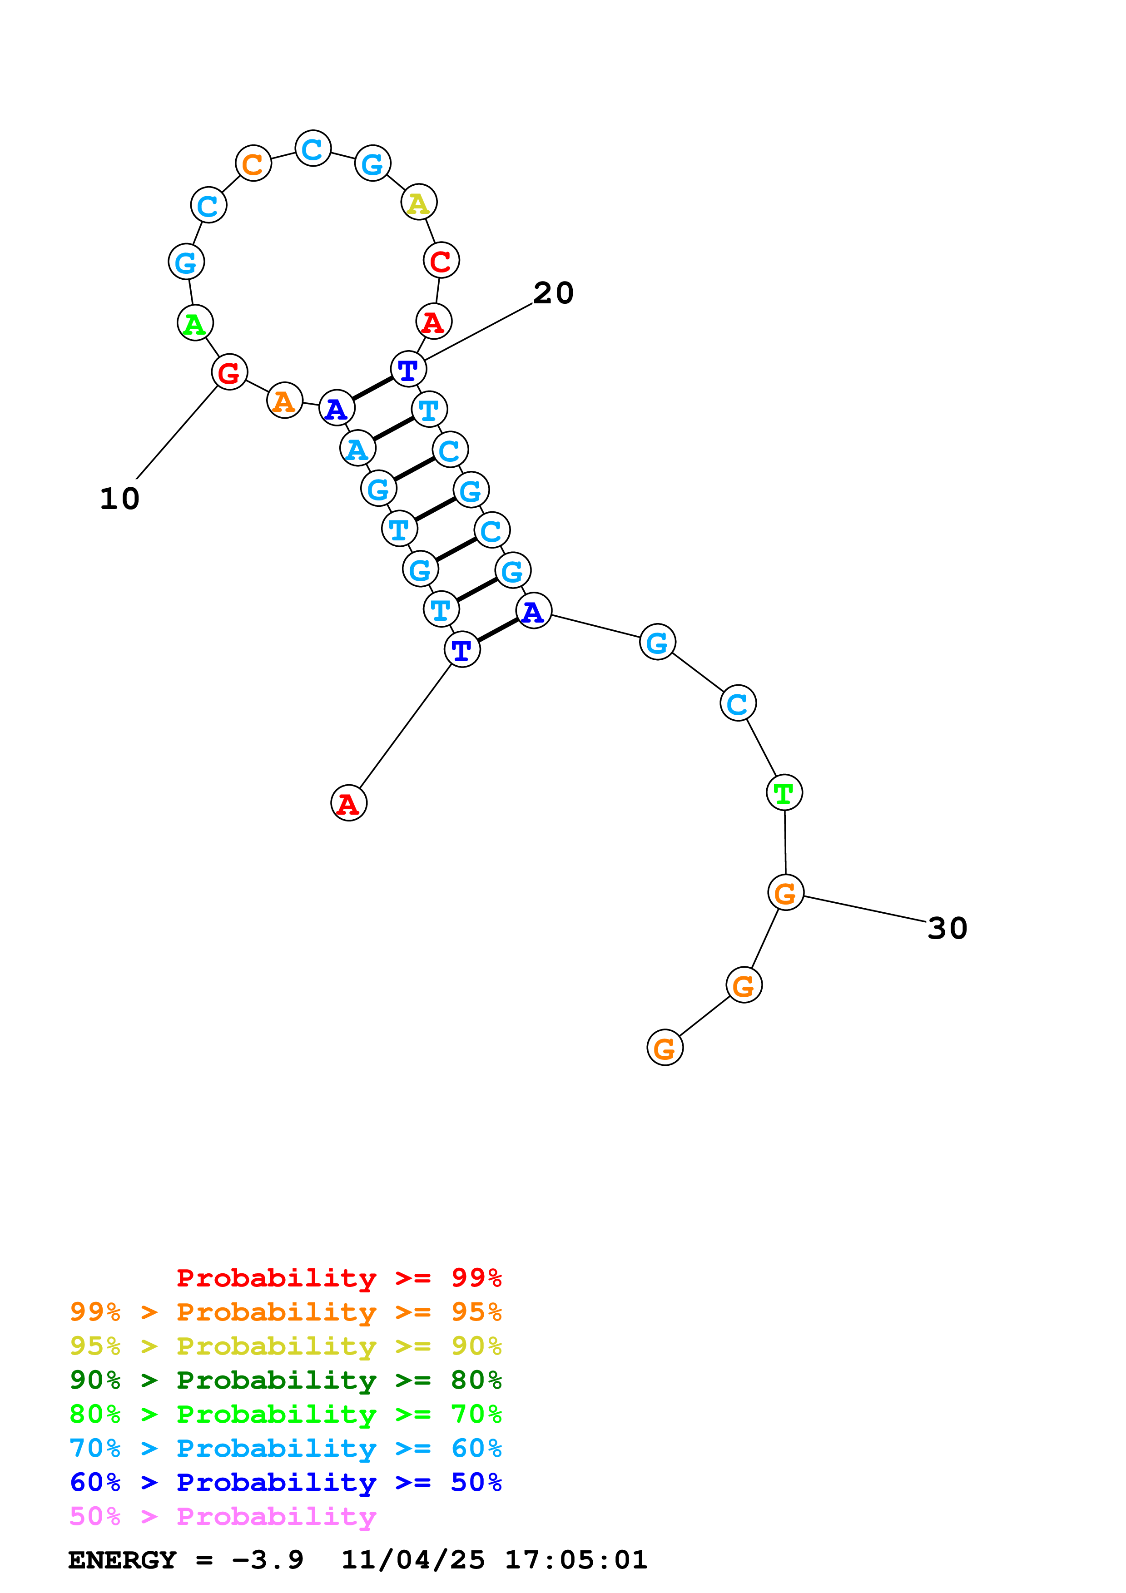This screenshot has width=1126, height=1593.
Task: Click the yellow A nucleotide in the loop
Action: pyautogui.click(x=418, y=203)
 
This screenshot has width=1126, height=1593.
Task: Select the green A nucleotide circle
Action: pyautogui.click(x=195, y=323)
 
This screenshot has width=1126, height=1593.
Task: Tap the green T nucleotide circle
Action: pyautogui.click(x=784, y=792)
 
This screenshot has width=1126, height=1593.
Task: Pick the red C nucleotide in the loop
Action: pyautogui.click(x=441, y=261)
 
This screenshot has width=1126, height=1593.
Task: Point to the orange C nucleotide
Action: pyautogui.click(x=253, y=164)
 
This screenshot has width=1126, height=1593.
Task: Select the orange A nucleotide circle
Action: pyautogui.click(x=284, y=401)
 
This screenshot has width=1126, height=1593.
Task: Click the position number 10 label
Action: pyautogui.click(x=119, y=499)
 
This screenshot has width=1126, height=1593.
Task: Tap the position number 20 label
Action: pyautogui.click(x=553, y=293)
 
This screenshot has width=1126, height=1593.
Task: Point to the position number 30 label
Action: pyautogui.click(x=947, y=928)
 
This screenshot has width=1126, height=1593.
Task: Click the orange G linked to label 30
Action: pyautogui.click(x=785, y=893)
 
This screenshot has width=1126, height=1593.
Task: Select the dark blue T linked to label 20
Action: pyautogui.click(x=408, y=370)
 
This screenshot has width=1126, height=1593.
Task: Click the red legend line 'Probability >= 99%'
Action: pyautogui.click(x=338, y=1277)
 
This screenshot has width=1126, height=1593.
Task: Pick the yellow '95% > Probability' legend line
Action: pyautogui.click(x=285, y=1346)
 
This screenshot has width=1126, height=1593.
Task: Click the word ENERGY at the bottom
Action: pyautogui.click(x=122, y=1560)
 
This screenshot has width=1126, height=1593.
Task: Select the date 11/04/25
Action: pyautogui.click(x=413, y=1560)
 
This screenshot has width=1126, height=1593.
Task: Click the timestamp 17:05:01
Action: pyautogui.click(x=576, y=1560)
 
